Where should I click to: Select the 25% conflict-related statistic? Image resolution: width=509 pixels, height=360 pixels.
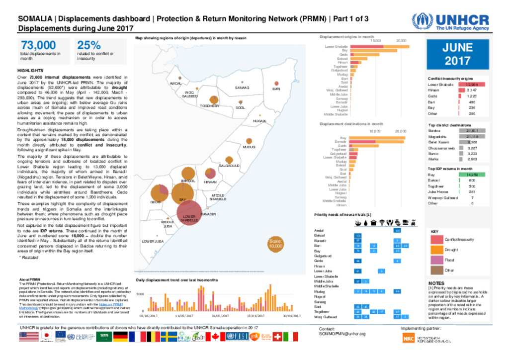coord(89,46)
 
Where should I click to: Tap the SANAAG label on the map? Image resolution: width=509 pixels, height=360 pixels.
coord(241,88)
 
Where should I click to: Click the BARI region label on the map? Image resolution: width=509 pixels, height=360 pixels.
coord(276,89)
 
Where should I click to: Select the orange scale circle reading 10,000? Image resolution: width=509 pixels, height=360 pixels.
coord(275,244)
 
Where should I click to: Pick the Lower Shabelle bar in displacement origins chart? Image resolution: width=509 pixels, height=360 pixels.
coord(380,46)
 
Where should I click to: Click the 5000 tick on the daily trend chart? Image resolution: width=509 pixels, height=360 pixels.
coord(140,294)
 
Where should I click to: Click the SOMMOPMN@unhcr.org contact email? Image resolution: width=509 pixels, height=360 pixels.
coord(339,334)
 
